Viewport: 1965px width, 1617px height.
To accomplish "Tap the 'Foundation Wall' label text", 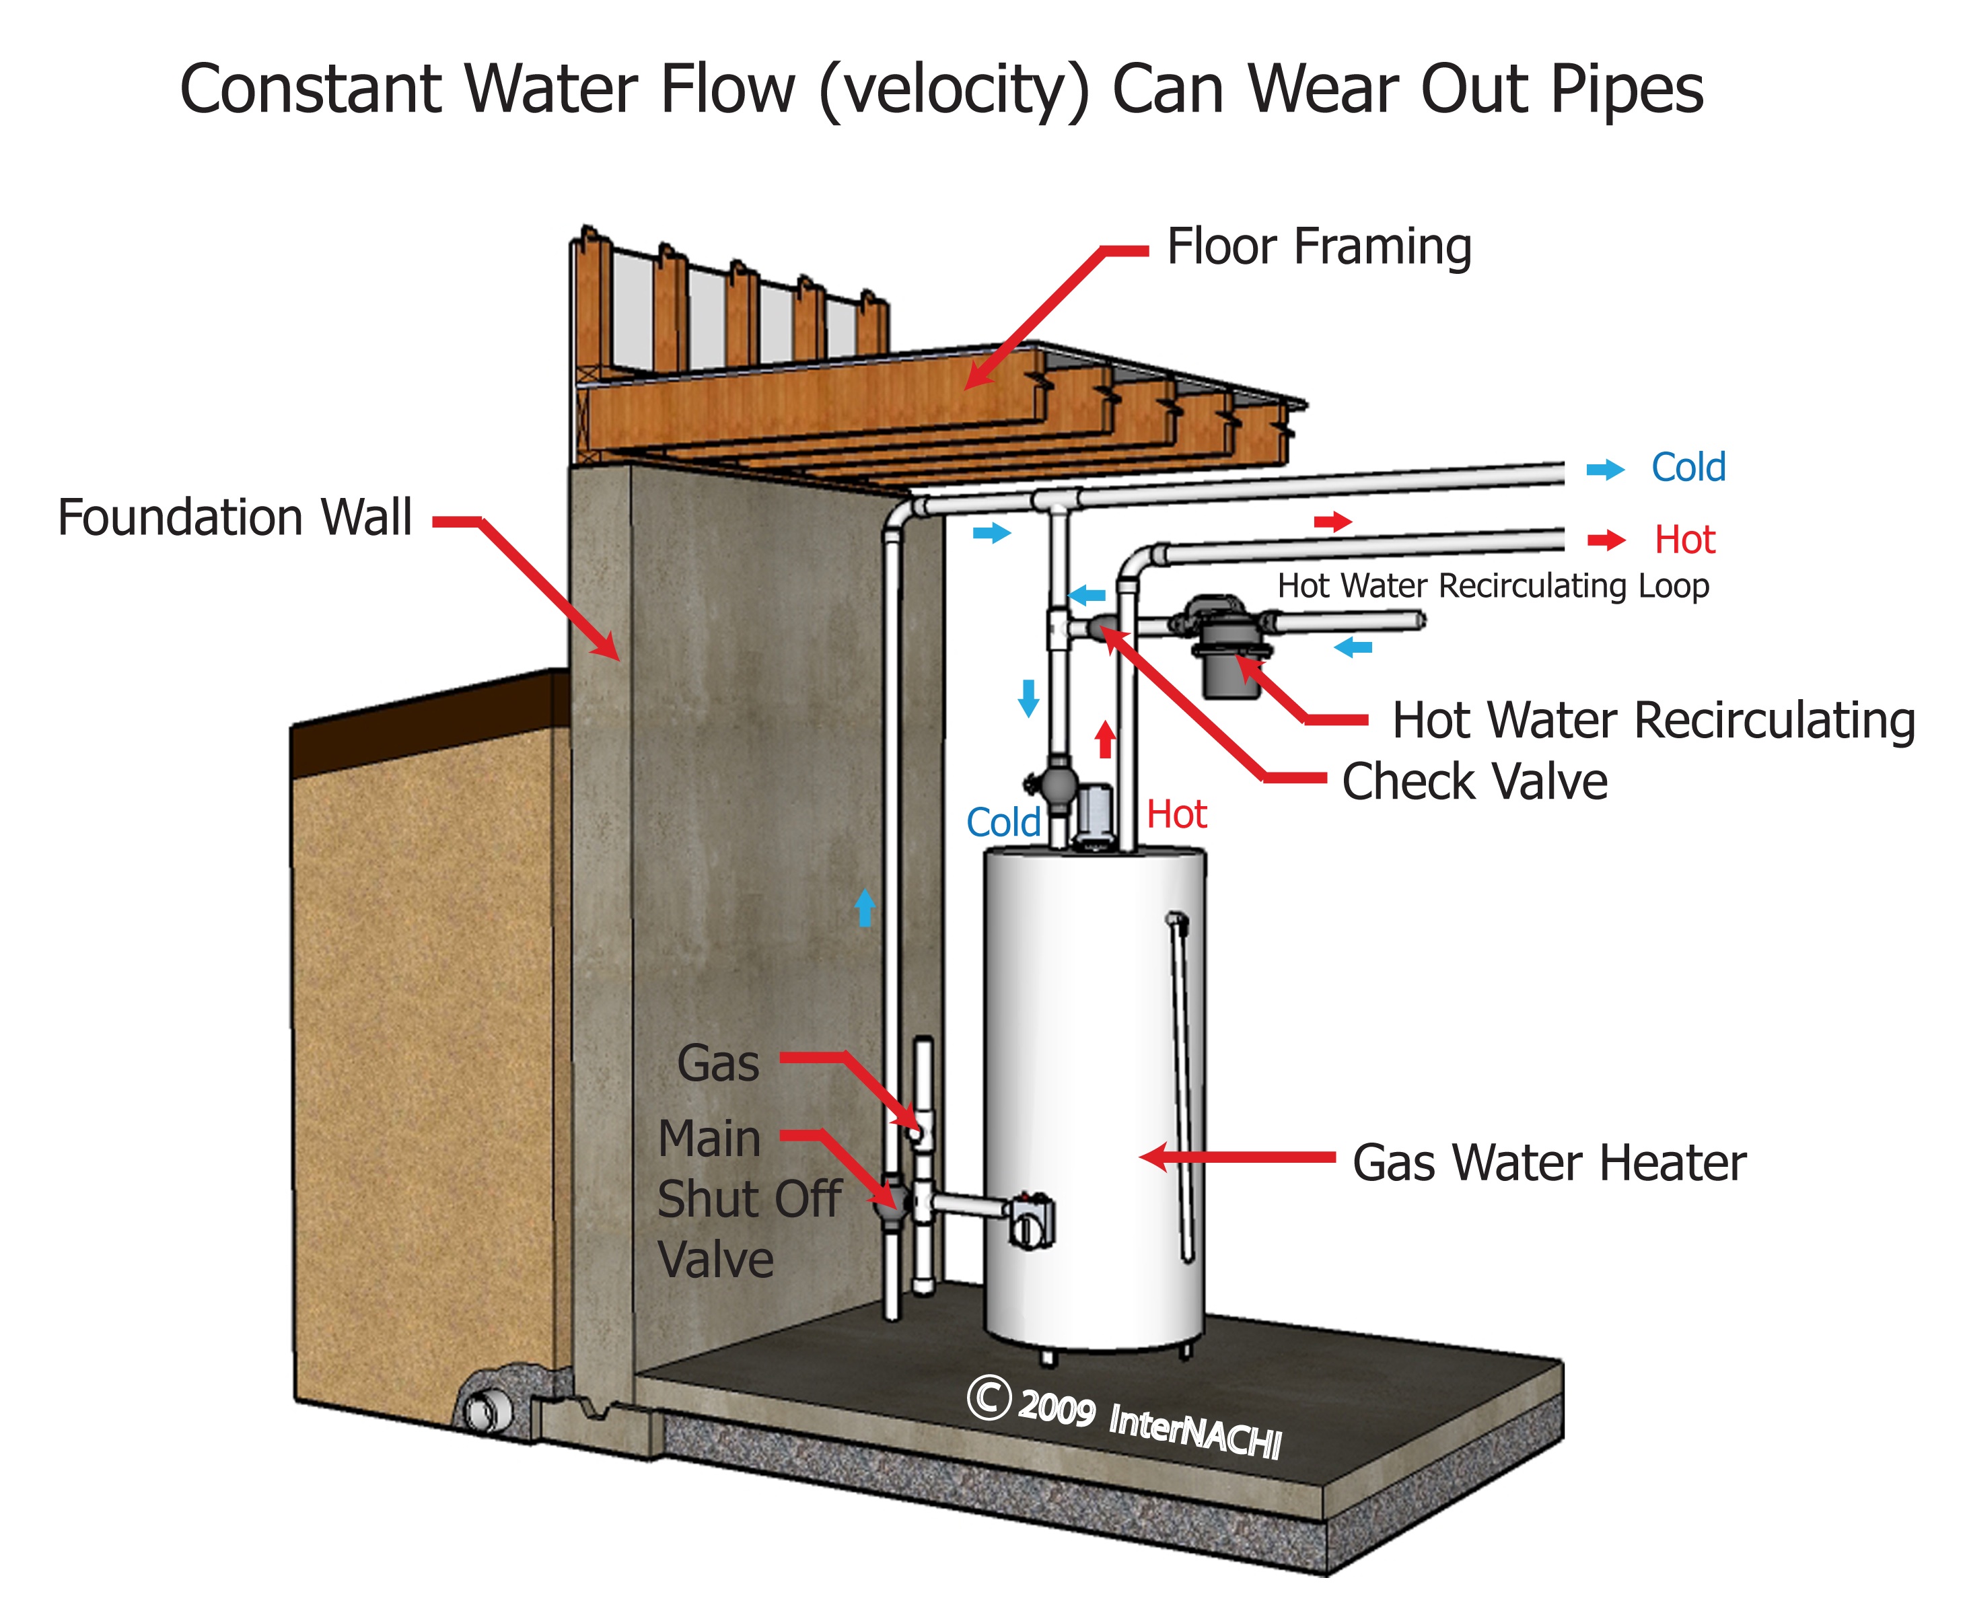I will pyautogui.click(x=235, y=518).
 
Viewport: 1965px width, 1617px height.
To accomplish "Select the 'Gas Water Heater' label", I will pyautogui.click(x=1548, y=1163).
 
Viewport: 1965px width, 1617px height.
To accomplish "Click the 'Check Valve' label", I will pyautogui.click(x=1474, y=781).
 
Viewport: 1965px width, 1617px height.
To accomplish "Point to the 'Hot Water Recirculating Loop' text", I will pyautogui.click(x=1492, y=586).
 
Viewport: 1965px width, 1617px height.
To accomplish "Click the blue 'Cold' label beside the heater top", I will pyautogui.click(x=1003, y=822).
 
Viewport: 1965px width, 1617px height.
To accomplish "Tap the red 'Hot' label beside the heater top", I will pyautogui.click(x=1176, y=815).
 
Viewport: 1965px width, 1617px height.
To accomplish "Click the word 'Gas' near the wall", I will pyautogui.click(x=717, y=1064).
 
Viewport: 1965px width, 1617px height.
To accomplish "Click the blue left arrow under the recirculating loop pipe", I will pyautogui.click(x=1353, y=647).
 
